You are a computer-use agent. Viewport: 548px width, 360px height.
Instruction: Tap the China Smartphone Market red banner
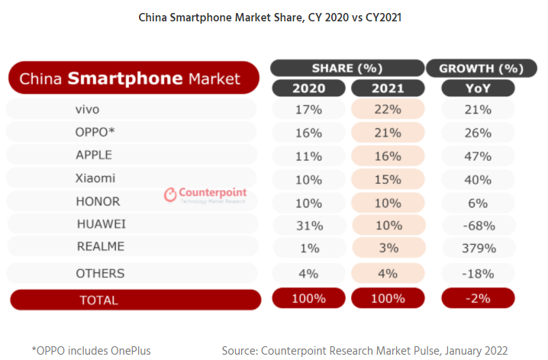click(x=130, y=78)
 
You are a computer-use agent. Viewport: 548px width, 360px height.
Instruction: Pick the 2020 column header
click(x=308, y=88)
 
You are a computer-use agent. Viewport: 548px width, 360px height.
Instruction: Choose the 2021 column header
click(x=387, y=88)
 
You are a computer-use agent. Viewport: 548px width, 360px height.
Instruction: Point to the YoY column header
click(x=479, y=88)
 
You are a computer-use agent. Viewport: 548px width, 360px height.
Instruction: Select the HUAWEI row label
click(x=101, y=224)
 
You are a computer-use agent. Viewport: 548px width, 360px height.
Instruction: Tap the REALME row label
click(x=100, y=246)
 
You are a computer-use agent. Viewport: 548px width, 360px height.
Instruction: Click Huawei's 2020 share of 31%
click(x=308, y=225)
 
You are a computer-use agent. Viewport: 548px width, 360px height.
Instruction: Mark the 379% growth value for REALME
click(x=479, y=248)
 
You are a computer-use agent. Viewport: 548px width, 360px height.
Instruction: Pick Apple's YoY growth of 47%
click(x=479, y=156)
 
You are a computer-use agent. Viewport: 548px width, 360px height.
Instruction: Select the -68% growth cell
click(x=479, y=225)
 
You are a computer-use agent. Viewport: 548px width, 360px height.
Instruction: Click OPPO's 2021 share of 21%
click(x=387, y=132)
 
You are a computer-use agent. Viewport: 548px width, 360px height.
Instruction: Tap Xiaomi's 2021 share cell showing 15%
click(x=387, y=179)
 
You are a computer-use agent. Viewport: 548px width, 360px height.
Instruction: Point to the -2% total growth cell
click(x=479, y=298)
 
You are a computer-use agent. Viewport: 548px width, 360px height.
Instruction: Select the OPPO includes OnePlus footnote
click(x=92, y=350)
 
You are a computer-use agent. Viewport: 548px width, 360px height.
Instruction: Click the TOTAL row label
click(x=99, y=300)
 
